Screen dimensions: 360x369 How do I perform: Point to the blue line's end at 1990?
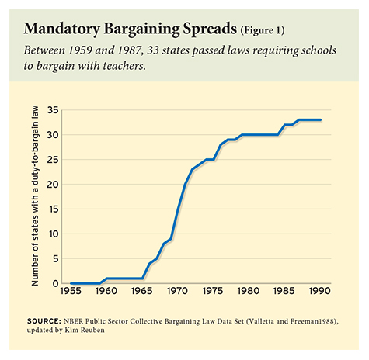(x=320, y=119)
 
